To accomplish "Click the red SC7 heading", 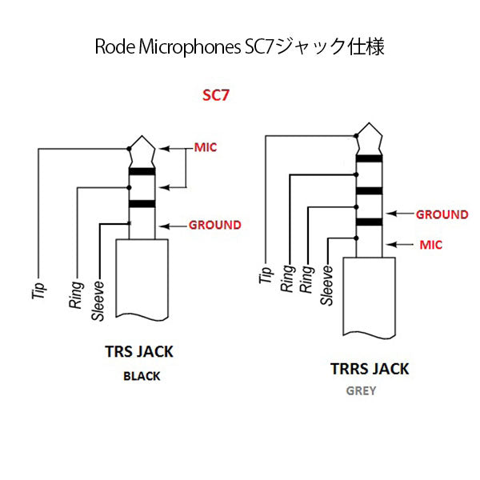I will [x=217, y=95].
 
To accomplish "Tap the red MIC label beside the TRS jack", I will [x=206, y=148].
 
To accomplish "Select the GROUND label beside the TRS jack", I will [x=214, y=225].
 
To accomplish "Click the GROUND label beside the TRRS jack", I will [x=442, y=214].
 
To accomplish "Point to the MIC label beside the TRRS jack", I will [x=430, y=245].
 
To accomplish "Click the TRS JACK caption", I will [x=138, y=351].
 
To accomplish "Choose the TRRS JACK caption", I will [x=370, y=369].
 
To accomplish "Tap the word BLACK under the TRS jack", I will [x=142, y=376].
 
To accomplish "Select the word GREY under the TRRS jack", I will [x=361, y=392].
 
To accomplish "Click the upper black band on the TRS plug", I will [x=142, y=171].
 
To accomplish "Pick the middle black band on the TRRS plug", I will [x=370, y=190].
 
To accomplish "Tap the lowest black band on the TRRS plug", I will [x=370, y=222].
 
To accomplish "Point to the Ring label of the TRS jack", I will [x=77, y=294].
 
